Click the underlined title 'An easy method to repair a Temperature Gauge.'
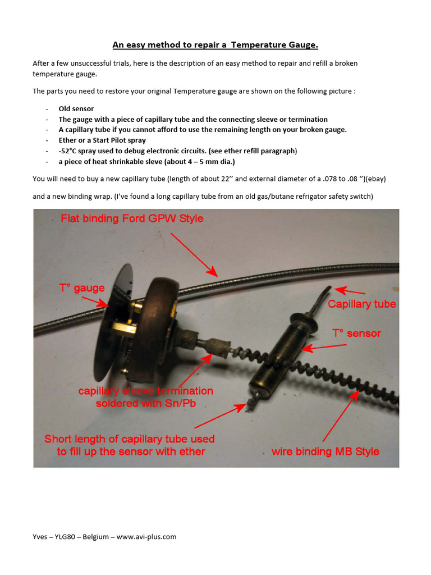tap(215, 44)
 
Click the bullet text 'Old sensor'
tap(76, 109)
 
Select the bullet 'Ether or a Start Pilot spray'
tap(102, 140)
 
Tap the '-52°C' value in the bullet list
tap(70, 151)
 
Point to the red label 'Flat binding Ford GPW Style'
tap(132, 218)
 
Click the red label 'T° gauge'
tap(82, 289)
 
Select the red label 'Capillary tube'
tap(361, 304)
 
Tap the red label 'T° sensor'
tap(356, 334)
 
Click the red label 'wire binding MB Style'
tap(325, 451)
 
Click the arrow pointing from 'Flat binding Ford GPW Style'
tap(194, 254)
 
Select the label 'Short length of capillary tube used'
tap(129, 439)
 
